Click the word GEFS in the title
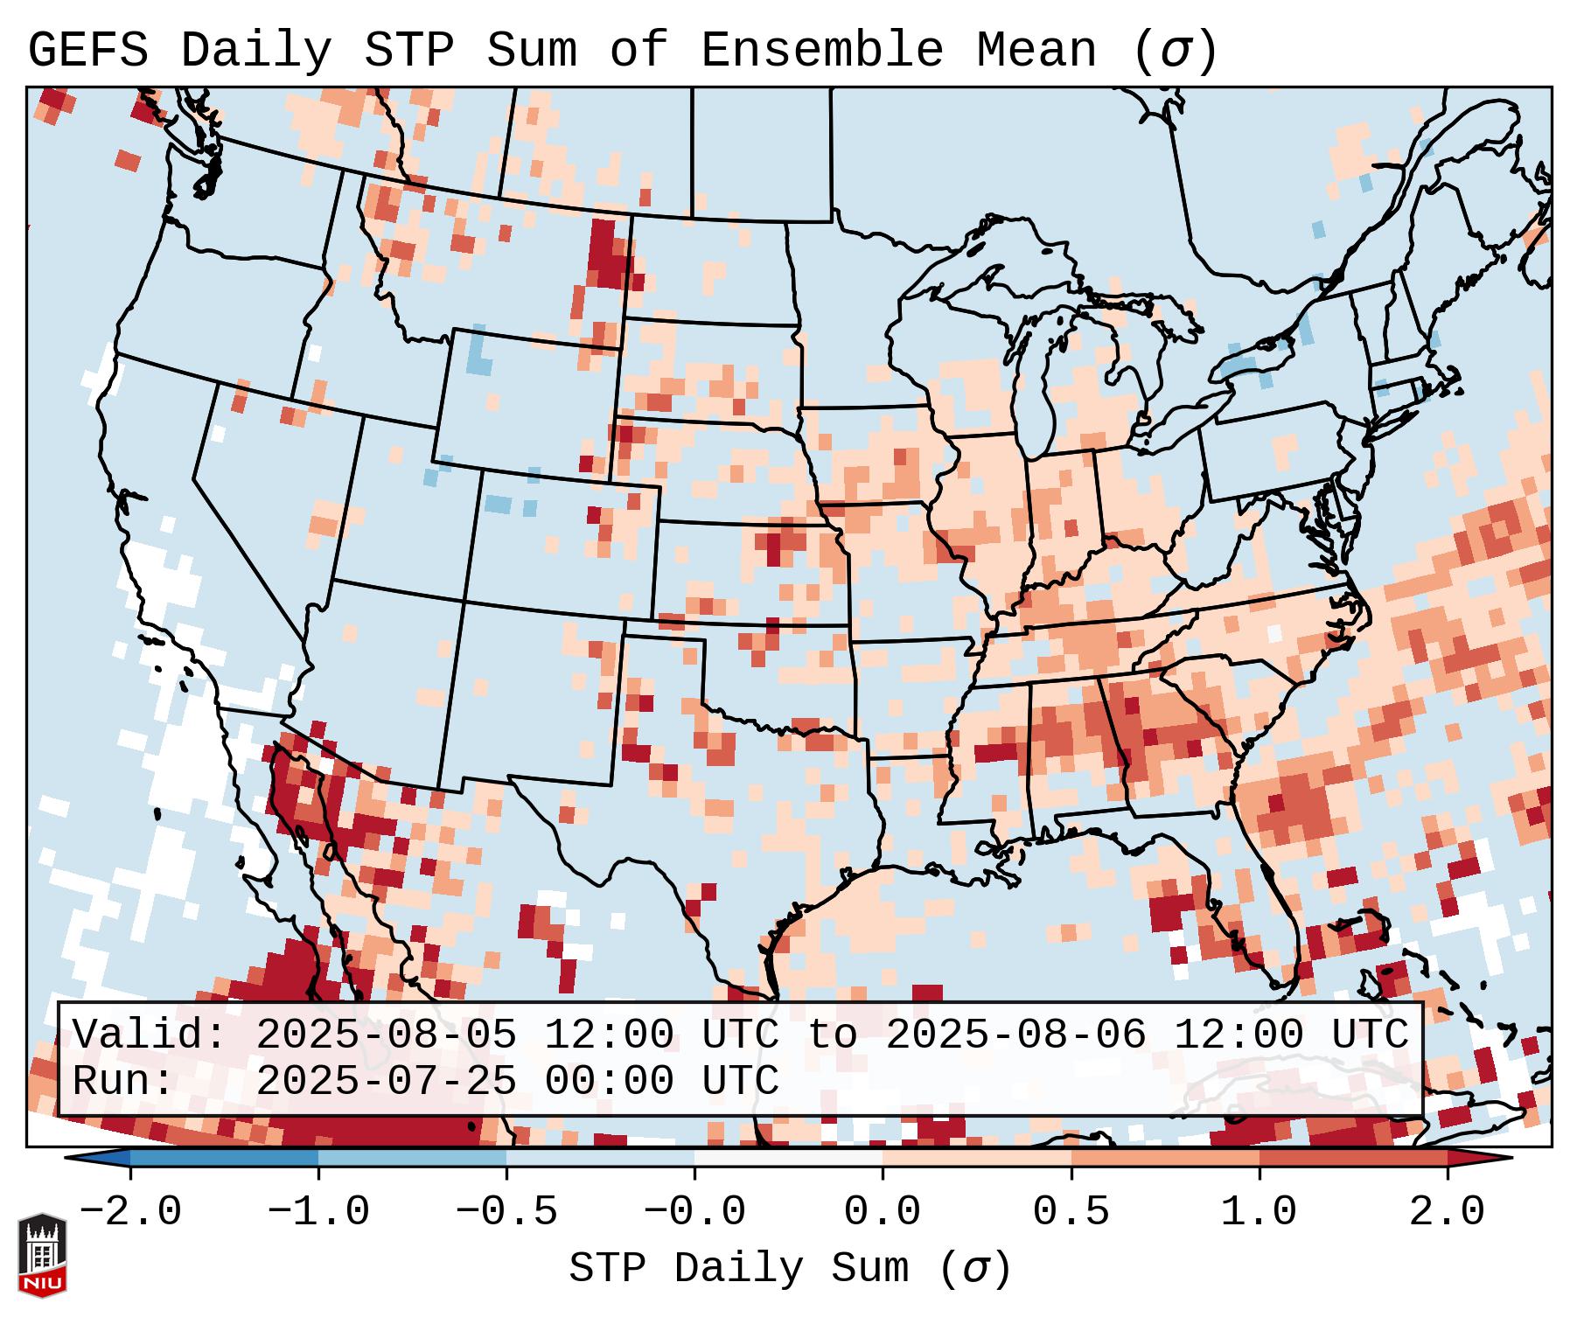tap(88, 51)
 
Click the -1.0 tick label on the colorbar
tap(317, 1212)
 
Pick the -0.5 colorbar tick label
tap(506, 1212)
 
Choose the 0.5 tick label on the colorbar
tap(1071, 1212)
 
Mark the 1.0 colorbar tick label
tap(1259, 1212)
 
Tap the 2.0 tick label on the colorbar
tap(1447, 1212)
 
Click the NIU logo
tap(42, 1256)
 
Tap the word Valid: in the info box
tap(150, 1035)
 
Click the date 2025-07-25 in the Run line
tap(386, 1082)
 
